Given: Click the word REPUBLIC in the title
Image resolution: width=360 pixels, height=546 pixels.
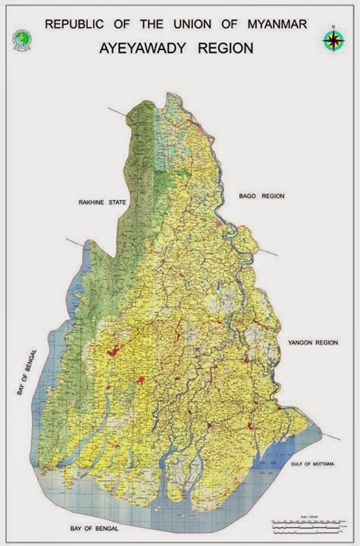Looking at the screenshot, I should [x=75, y=24].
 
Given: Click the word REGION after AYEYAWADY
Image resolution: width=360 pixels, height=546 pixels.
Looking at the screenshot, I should [x=225, y=48].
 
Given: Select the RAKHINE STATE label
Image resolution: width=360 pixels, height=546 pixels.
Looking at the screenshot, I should [x=102, y=202].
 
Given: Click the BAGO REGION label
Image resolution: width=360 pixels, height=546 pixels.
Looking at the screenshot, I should [x=261, y=196].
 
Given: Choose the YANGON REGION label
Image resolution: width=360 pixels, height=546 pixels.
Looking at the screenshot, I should [x=312, y=343].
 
